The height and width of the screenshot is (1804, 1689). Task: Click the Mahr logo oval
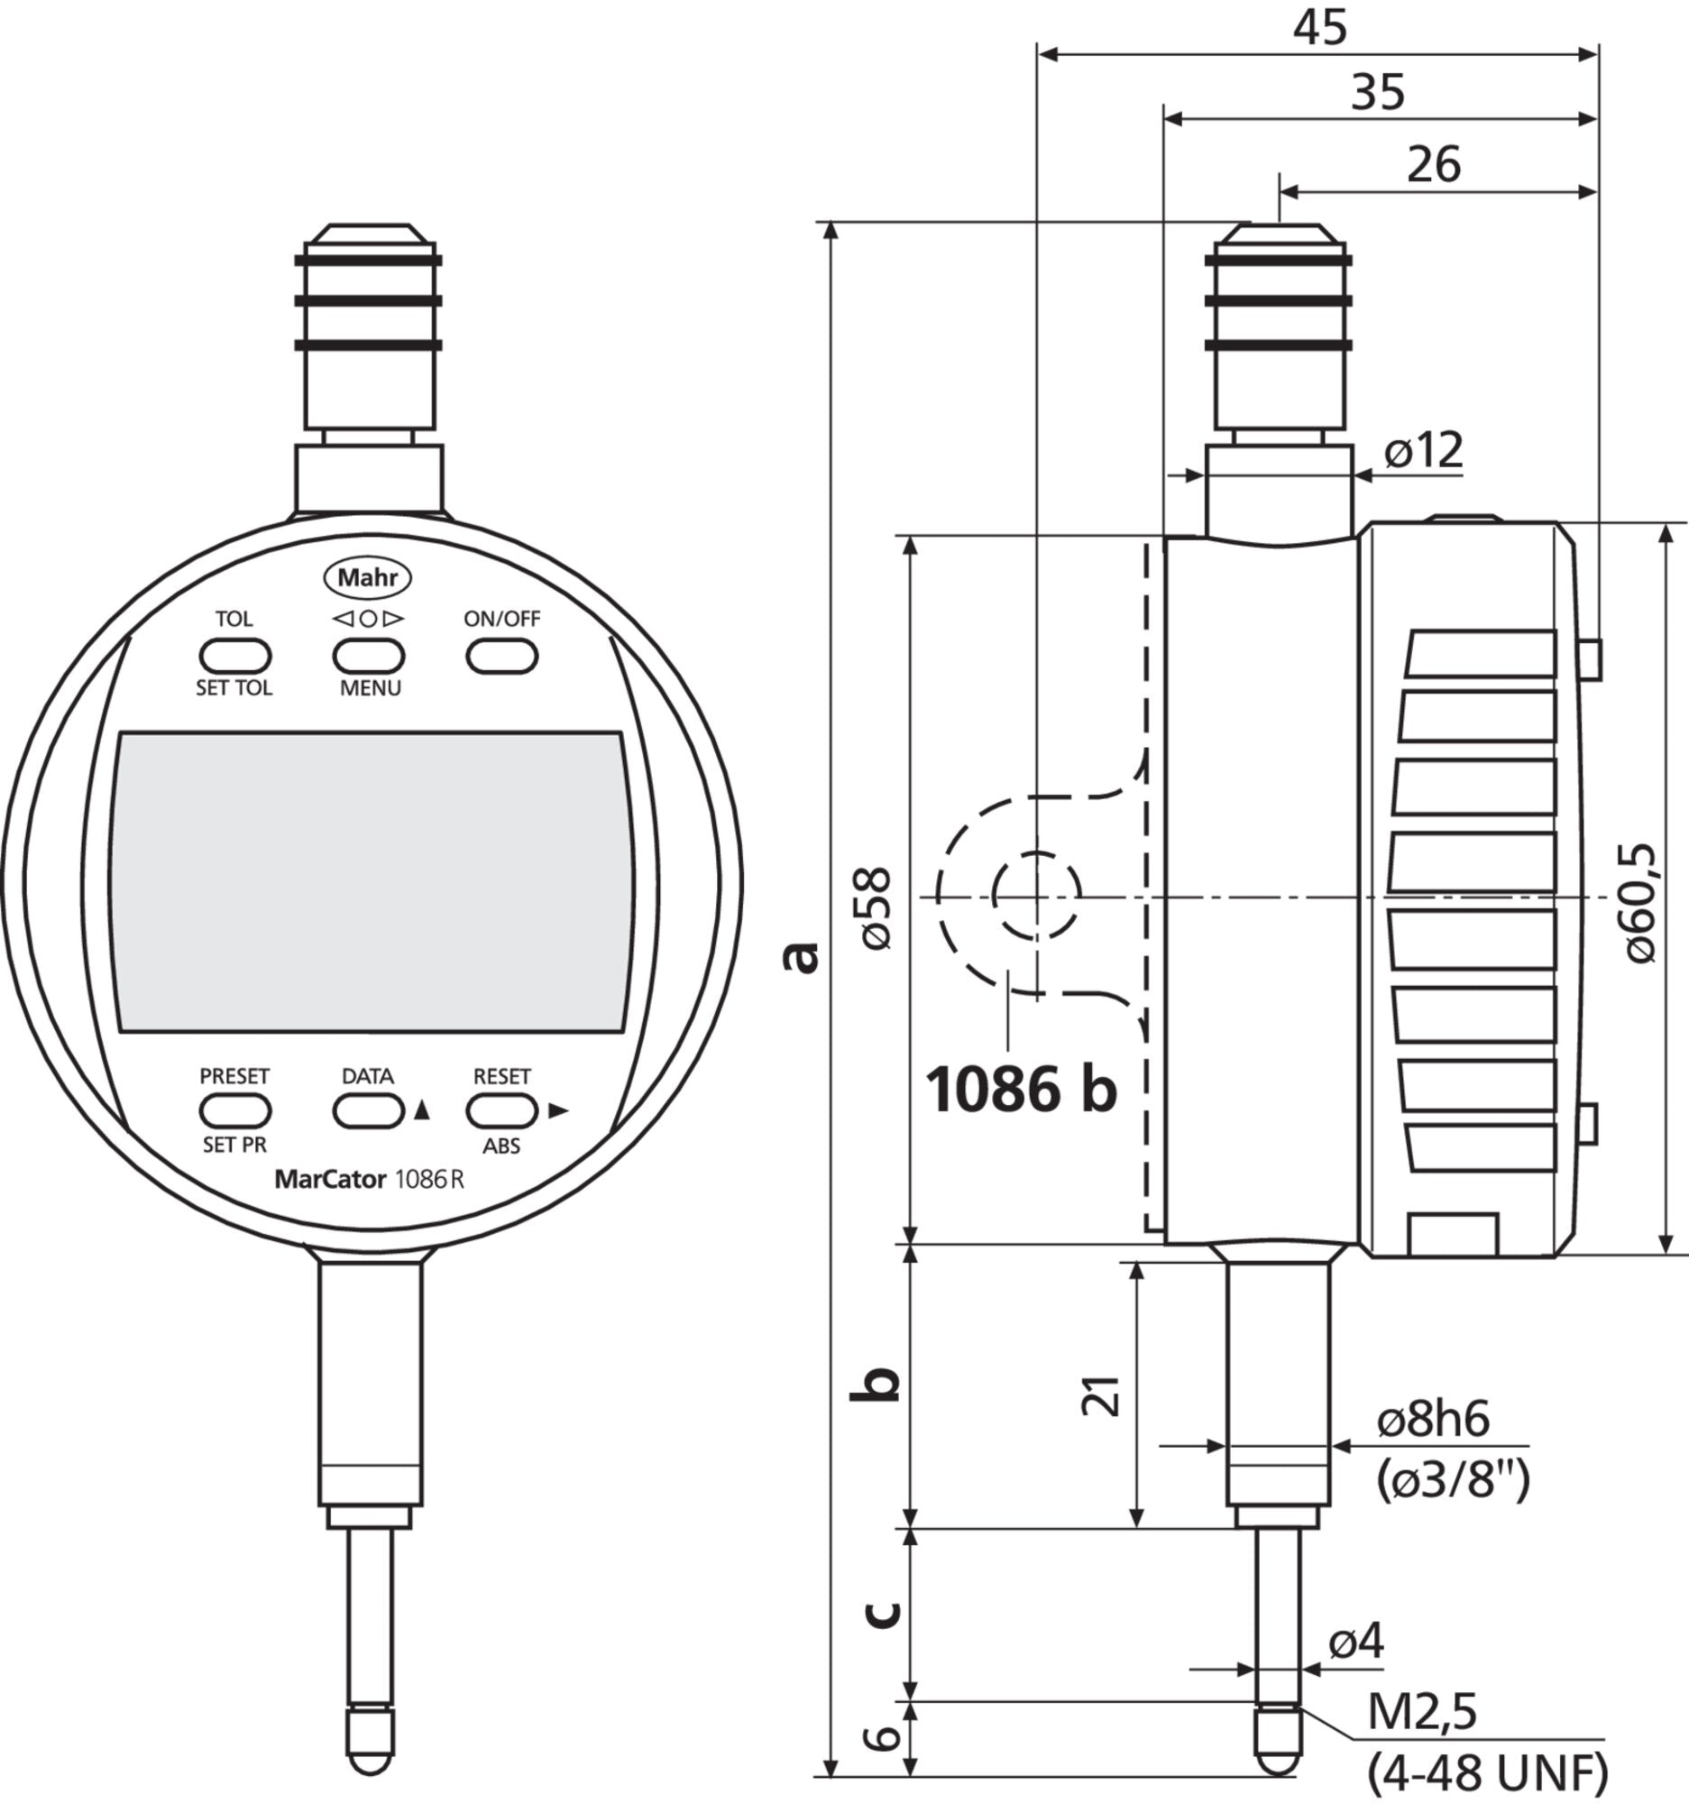click(x=368, y=578)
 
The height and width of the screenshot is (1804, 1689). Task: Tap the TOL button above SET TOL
click(x=235, y=655)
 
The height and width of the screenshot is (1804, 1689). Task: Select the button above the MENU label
click(x=368, y=655)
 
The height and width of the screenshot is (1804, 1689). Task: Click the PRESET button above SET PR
click(x=235, y=1110)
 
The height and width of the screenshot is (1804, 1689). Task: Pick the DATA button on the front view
click(x=368, y=1110)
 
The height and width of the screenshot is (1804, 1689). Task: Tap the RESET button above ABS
click(x=501, y=1110)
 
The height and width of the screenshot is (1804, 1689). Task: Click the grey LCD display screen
click(x=371, y=882)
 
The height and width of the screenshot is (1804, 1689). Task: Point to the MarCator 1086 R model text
click(x=369, y=1180)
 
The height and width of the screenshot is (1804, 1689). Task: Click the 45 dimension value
click(x=1320, y=28)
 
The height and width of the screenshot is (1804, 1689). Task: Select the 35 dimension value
click(x=1378, y=93)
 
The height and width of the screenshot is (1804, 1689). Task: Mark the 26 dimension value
click(x=1434, y=164)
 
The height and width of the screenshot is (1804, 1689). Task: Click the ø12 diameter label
click(x=1424, y=449)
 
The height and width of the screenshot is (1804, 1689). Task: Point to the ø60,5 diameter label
click(x=1640, y=903)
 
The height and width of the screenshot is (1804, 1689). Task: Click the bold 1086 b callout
click(x=1022, y=1088)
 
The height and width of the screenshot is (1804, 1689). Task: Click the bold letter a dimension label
click(x=802, y=957)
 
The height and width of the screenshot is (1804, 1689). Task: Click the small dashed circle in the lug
click(x=1037, y=896)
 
